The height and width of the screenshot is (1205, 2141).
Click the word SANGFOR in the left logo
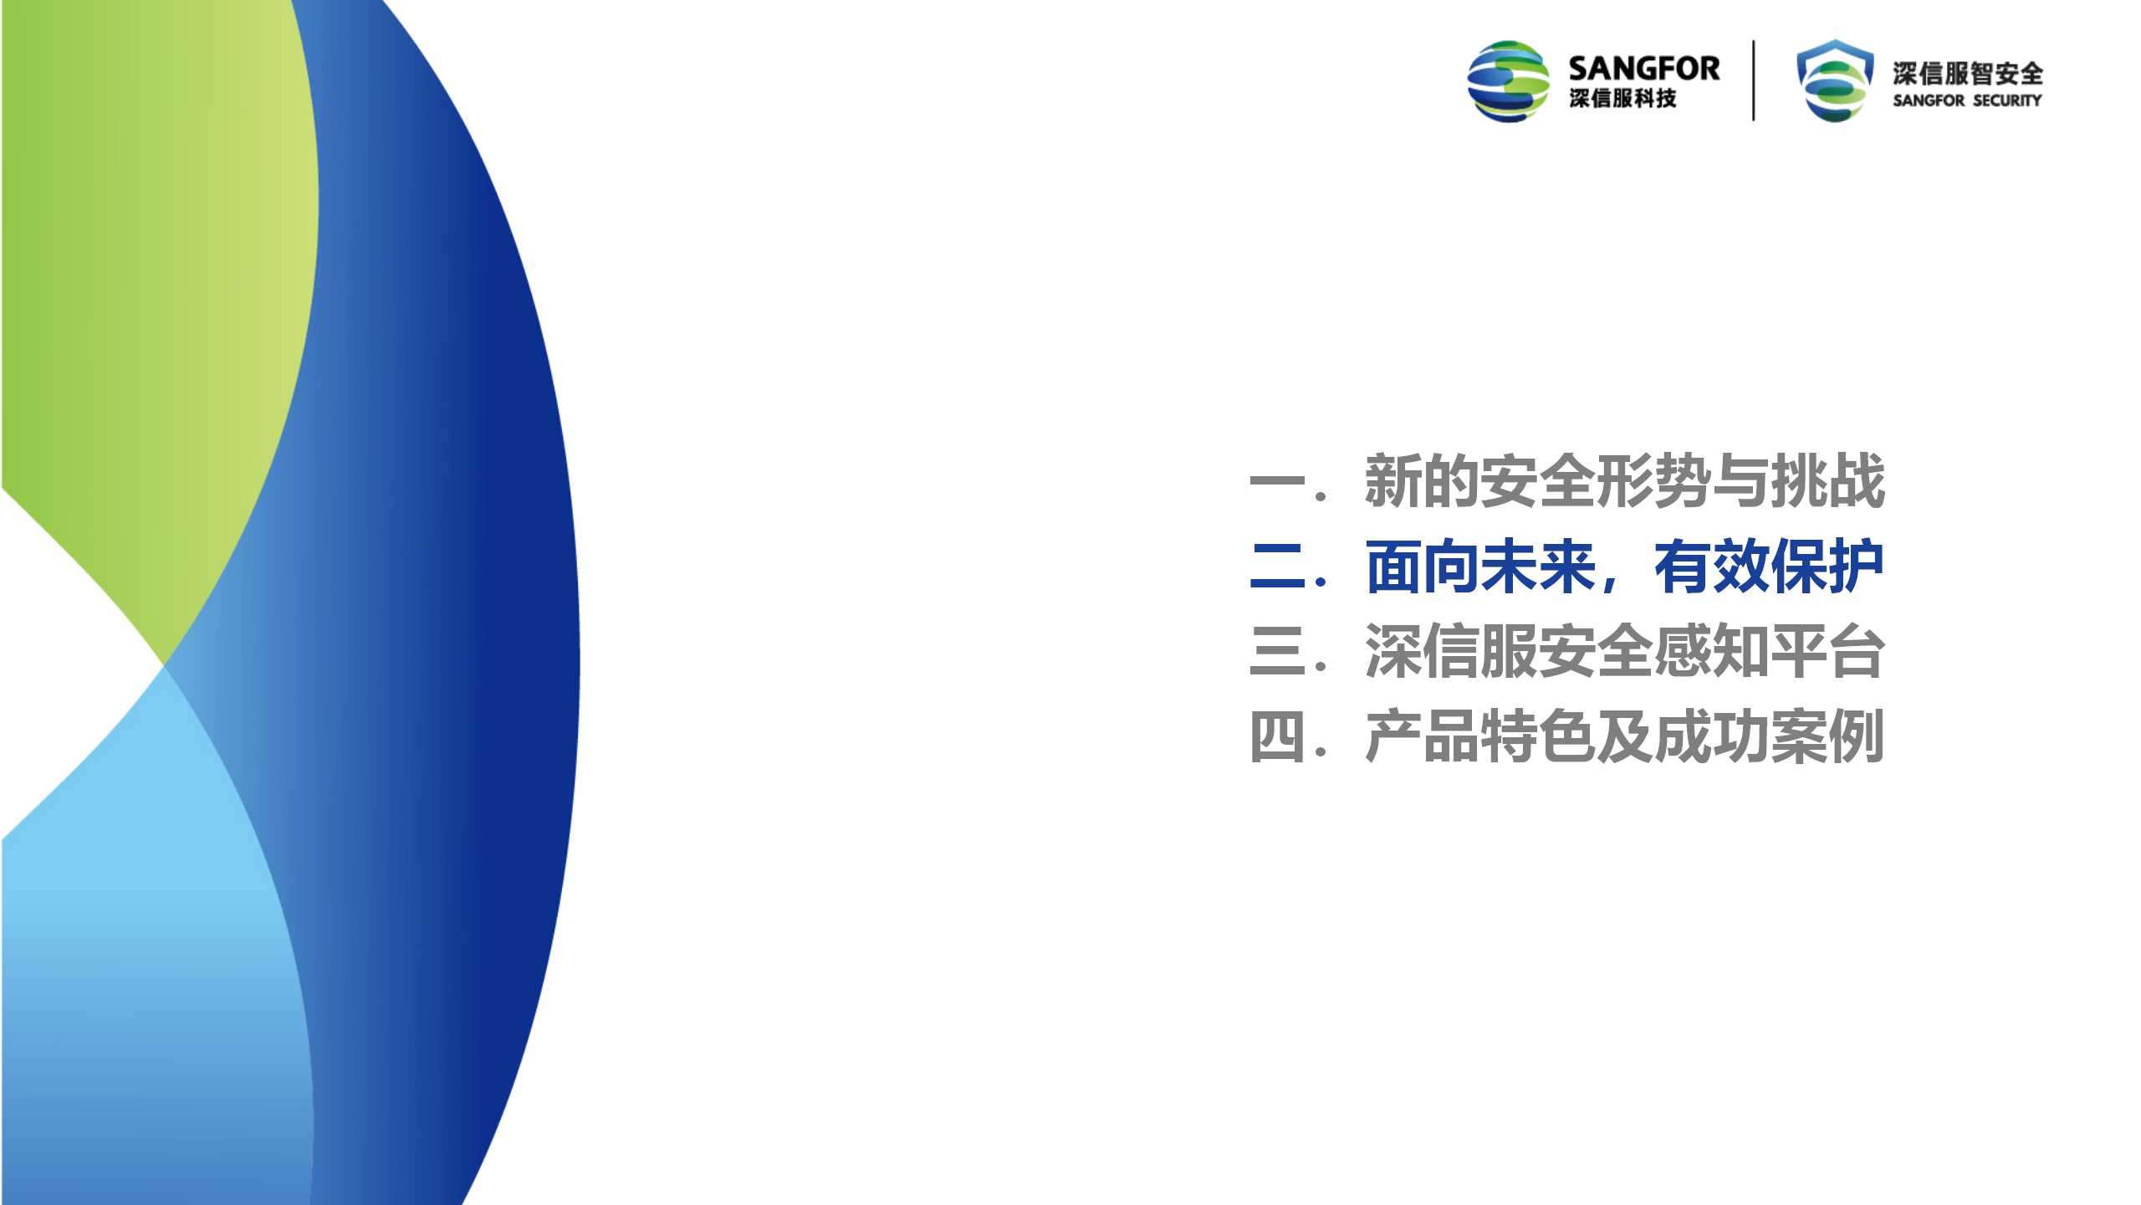tap(1643, 68)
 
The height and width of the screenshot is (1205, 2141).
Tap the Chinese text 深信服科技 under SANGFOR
tap(1622, 98)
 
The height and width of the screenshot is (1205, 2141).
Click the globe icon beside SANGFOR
tap(1508, 81)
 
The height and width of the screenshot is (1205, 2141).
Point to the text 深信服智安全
tap(1968, 74)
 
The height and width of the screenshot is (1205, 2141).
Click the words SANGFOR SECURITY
tap(1967, 100)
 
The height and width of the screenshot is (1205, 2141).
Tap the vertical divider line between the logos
tap(1753, 80)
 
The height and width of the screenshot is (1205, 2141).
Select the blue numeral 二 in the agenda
tap(1277, 567)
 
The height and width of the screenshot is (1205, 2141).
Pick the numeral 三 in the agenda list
tap(1277, 651)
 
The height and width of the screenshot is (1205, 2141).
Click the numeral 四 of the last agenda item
tap(1277, 737)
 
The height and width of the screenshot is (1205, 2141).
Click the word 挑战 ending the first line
tap(1828, 480)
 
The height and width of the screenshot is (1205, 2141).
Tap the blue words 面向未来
tap(1480, 567)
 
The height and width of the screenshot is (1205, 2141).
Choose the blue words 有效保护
tap(1769, 567)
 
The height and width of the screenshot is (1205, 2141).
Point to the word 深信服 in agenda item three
tap(1451, 651)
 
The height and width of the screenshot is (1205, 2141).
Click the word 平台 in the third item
tap(1828, 651)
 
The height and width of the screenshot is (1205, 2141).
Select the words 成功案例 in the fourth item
tap(1770, 736)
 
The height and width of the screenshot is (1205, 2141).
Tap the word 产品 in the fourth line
tap(1422, 736)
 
